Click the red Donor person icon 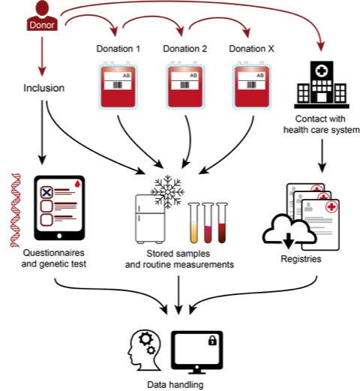pyautogui.click(x=42, y=16)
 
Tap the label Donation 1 pyautogui.click(x=118, y=49)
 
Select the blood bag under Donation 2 pyautogui.click(x=185, y=86)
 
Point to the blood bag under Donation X pyautogui.click(x=252, y=86)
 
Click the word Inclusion pyautogui.click(x=44, y=88)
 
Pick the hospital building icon pyautogui.click(x=322, y=85)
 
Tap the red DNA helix pyautogui.click(x=15, y=210)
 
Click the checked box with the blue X pyautogui.click(x=46, y=192)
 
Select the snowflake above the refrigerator pyautogui.click(x=167, y=192)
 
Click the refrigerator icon pyautogui.click(x=150, y=219)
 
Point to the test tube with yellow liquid pyautogui.click(x=194, y=223)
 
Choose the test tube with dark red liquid pyautogui.click(x=222, y=223)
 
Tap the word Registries pyautogui.click(x=301, y=258)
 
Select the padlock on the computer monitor pyautogui.click(x=212, y=340)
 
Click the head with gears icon pyautogui.click(x=145, y=350)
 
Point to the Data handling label pyautogui.click(x=175, y=384)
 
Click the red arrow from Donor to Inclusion pyautogui.click(x=42, y=56)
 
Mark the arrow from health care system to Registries pyautogui.click(x=322, y=155)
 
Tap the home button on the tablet pyautogui.click(x=59, y=236)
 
